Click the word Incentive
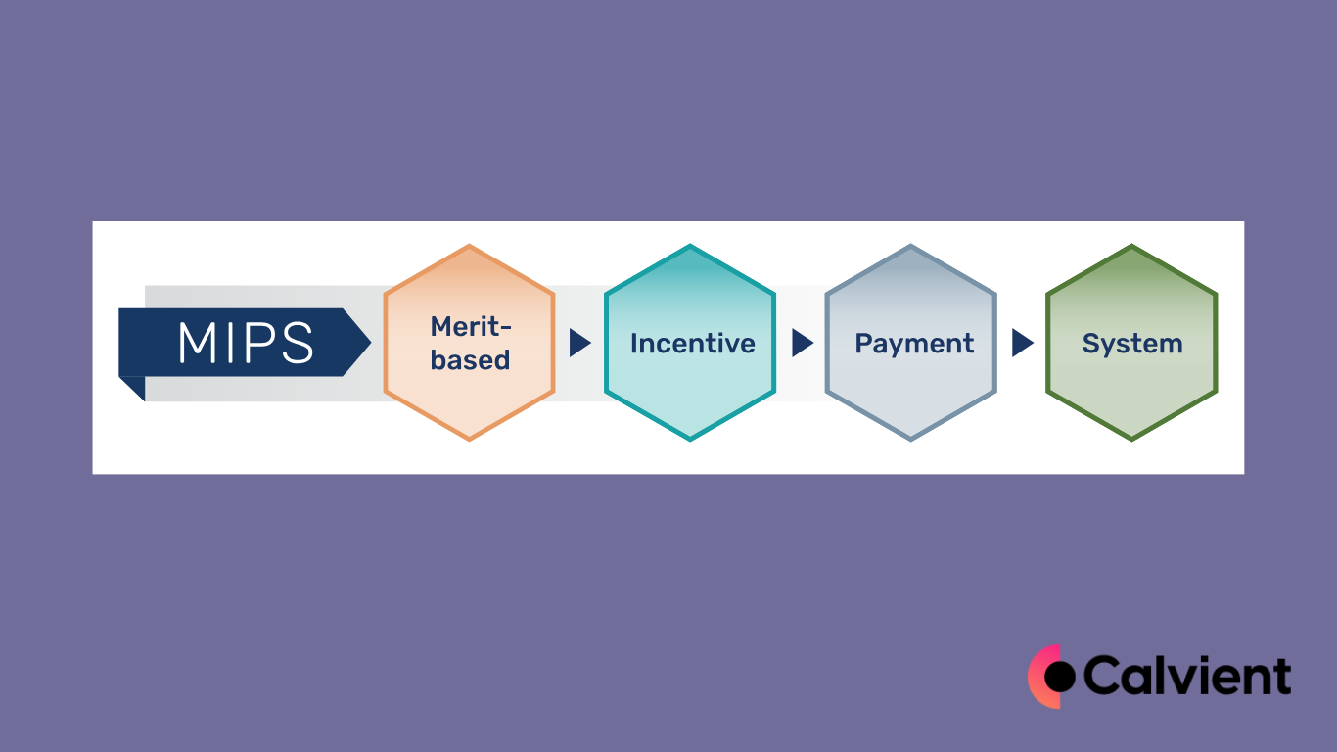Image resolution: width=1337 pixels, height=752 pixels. click(x=692, y=344)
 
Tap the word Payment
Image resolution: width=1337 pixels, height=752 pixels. click(x=914, y=344)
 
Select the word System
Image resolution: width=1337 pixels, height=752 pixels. click(x=1132, y=344)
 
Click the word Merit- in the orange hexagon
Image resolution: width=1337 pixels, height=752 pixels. click(x=471, y=326)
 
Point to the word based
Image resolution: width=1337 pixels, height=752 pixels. click(x=470, y=360)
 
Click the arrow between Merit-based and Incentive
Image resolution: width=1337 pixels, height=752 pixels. click(x=579, y=343)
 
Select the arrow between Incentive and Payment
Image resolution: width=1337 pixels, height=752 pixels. click(x=802, y=343)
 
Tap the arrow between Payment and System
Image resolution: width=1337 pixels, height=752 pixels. click(x=1022, y=343)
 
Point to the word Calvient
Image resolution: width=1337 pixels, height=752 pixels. click(x=1187, y=676)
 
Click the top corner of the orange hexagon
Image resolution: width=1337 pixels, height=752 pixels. click(x=470, y=246)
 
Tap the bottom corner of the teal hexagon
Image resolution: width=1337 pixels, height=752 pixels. click(x=690, y=440)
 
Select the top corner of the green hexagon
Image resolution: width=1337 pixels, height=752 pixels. click(x=1131, y=246)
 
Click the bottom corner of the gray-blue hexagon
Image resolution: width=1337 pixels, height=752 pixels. click(x=911, y=440)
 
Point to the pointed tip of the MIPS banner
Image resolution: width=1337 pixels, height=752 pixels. click(x=369, y=343)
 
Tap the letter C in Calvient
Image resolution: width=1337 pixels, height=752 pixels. click(x=1104, y=676)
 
